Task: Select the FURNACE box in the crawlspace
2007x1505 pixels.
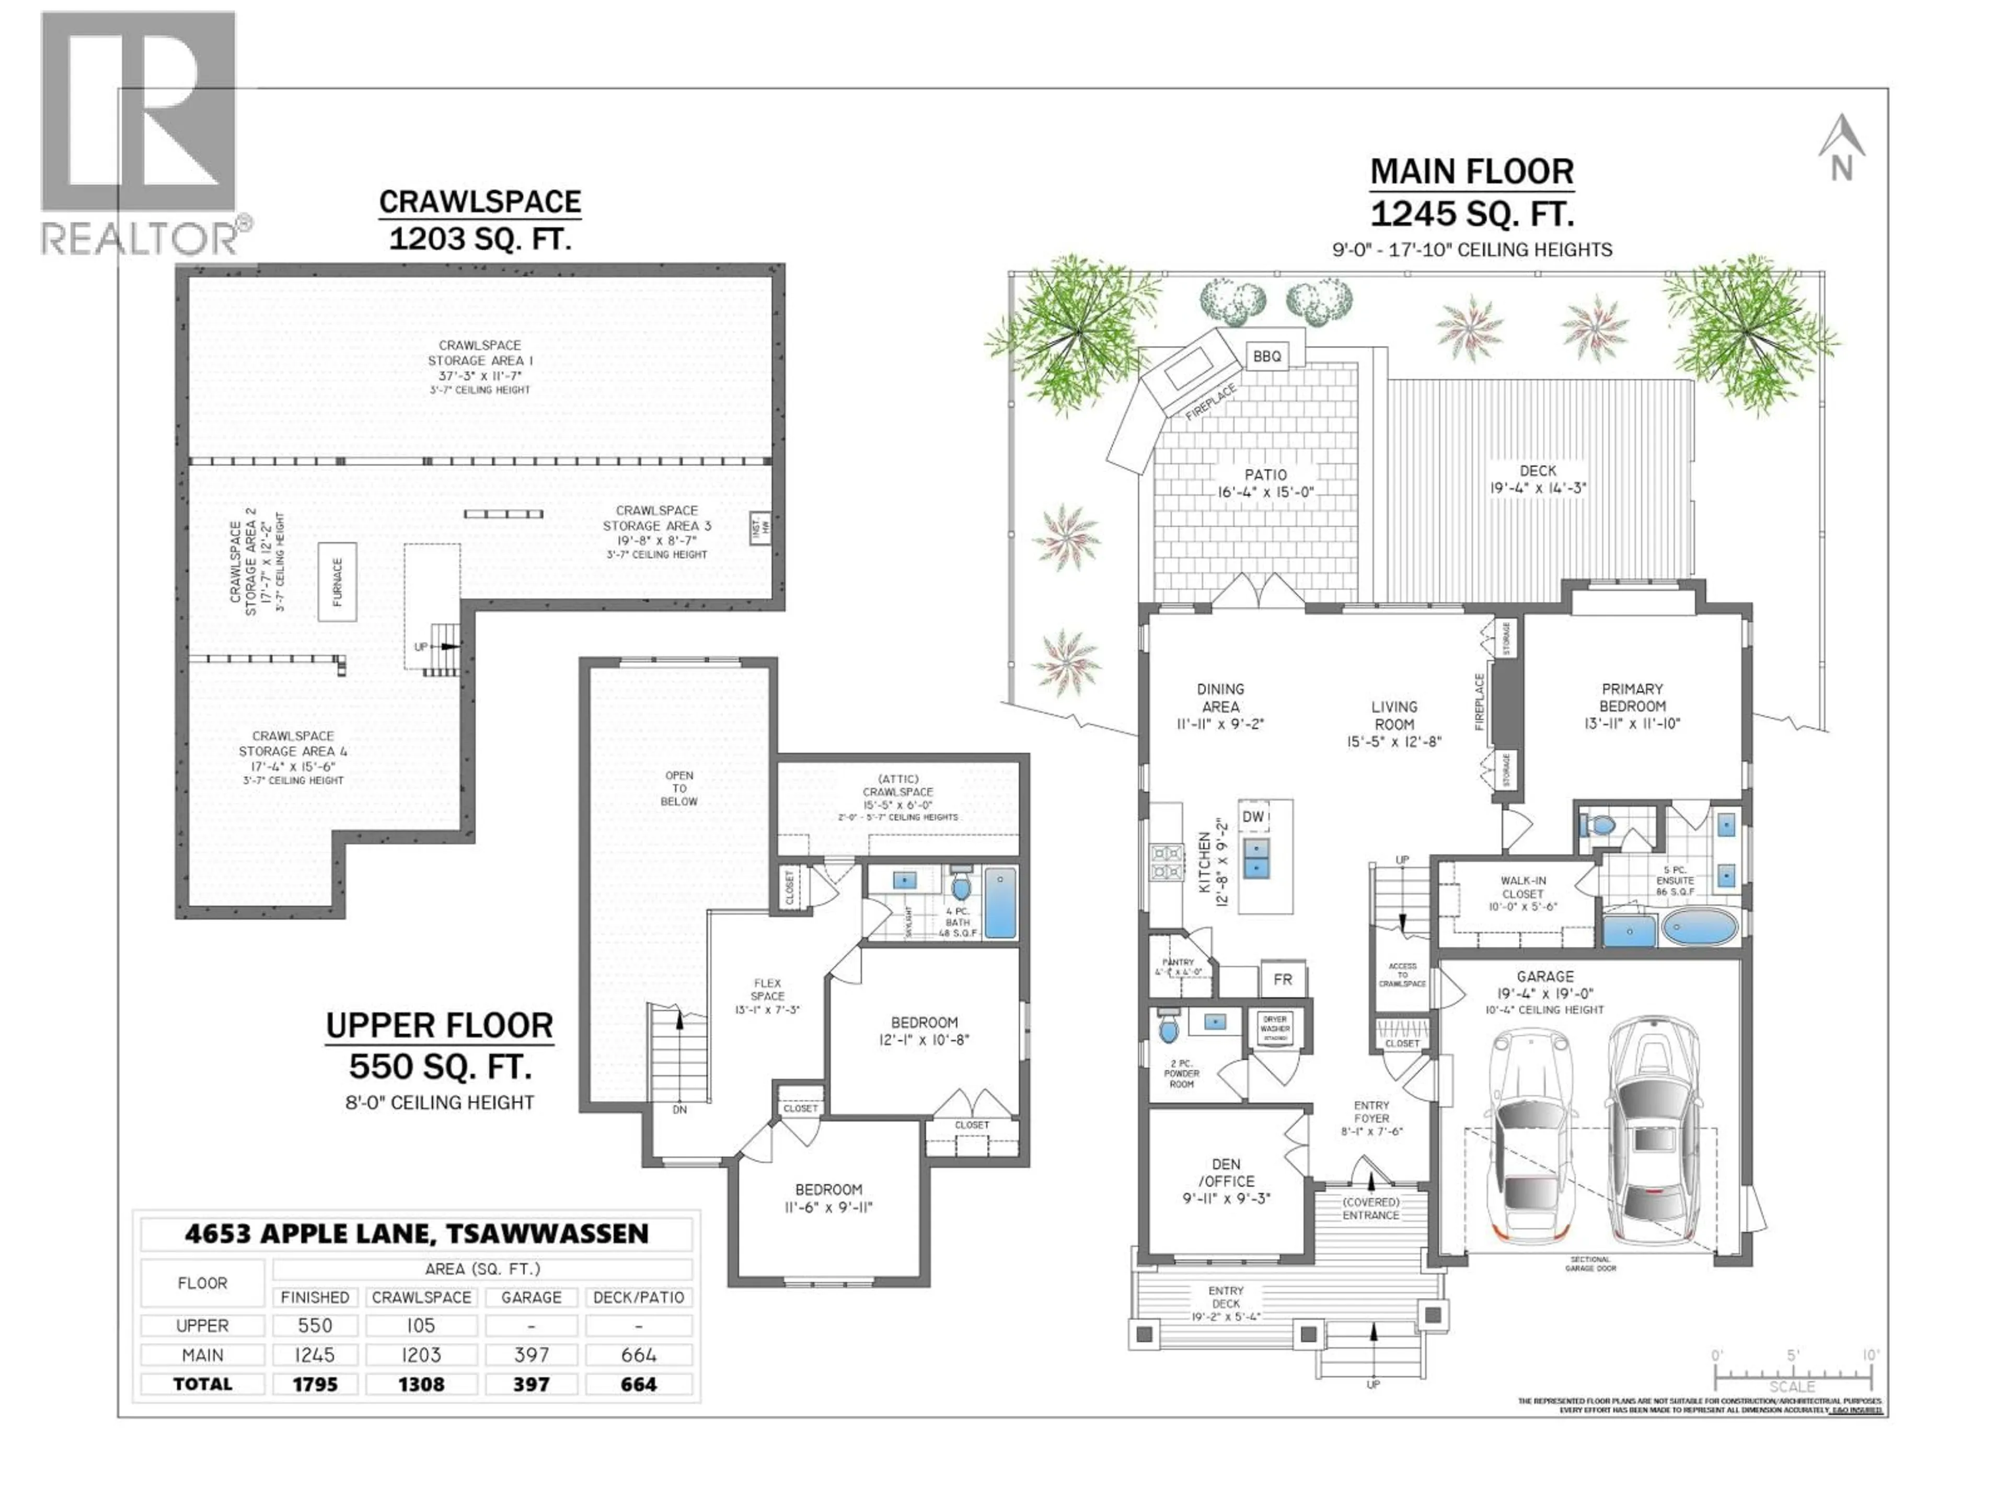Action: pos(337,582)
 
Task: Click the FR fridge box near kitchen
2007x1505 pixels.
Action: pos(1282,980)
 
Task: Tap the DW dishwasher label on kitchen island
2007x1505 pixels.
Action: pos(1253,816)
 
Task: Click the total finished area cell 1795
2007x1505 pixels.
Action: pos(315,1384)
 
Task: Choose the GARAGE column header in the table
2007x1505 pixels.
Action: pos(531,1297)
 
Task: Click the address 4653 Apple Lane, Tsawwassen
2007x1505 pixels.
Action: pos(417,1234)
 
